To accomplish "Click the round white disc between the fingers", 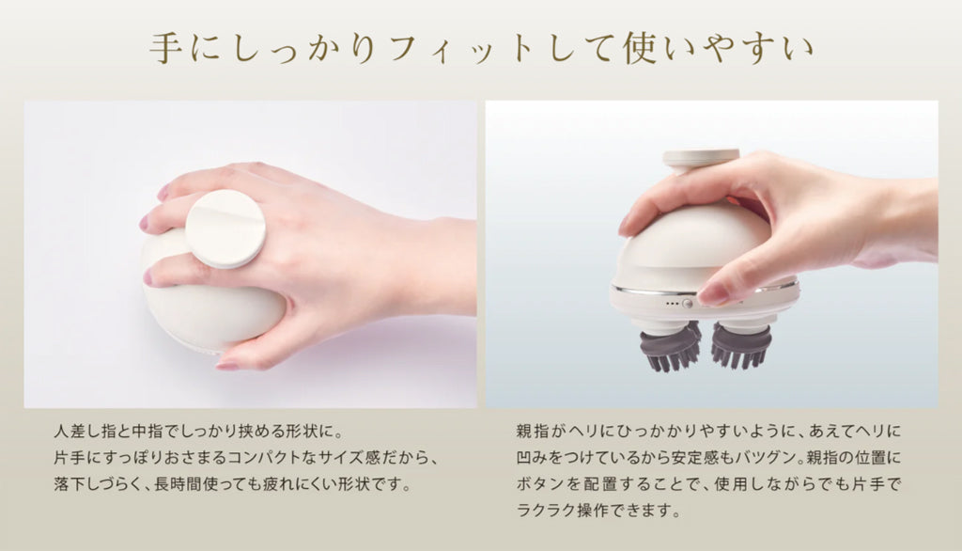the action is point(225,228).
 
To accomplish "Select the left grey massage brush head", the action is point(670,346).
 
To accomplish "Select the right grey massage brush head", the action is point(740,346).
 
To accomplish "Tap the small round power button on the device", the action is point(687,304).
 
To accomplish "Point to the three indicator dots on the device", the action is point(673,304).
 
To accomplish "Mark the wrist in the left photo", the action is point(442,265).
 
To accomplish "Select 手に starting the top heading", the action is point(181,49).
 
